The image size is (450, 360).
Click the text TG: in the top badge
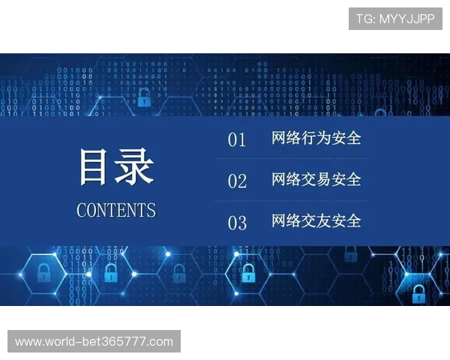pos(365,19)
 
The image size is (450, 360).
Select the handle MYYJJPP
pos(406,19)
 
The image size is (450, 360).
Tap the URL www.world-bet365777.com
pos(94,342)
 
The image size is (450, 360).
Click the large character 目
pos(96,167)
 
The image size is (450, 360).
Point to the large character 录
pos(135,167)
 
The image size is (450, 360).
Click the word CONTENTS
pos(116,210)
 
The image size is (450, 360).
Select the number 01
pos(237,139)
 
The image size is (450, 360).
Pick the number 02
pos(237,181)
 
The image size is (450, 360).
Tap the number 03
pos(237,223)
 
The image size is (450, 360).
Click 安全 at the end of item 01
pos(346,138)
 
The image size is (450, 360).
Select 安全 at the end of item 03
pos(346,220)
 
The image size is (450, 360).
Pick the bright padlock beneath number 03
pos(247,274)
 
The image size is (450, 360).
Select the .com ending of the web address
pos(160,342)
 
